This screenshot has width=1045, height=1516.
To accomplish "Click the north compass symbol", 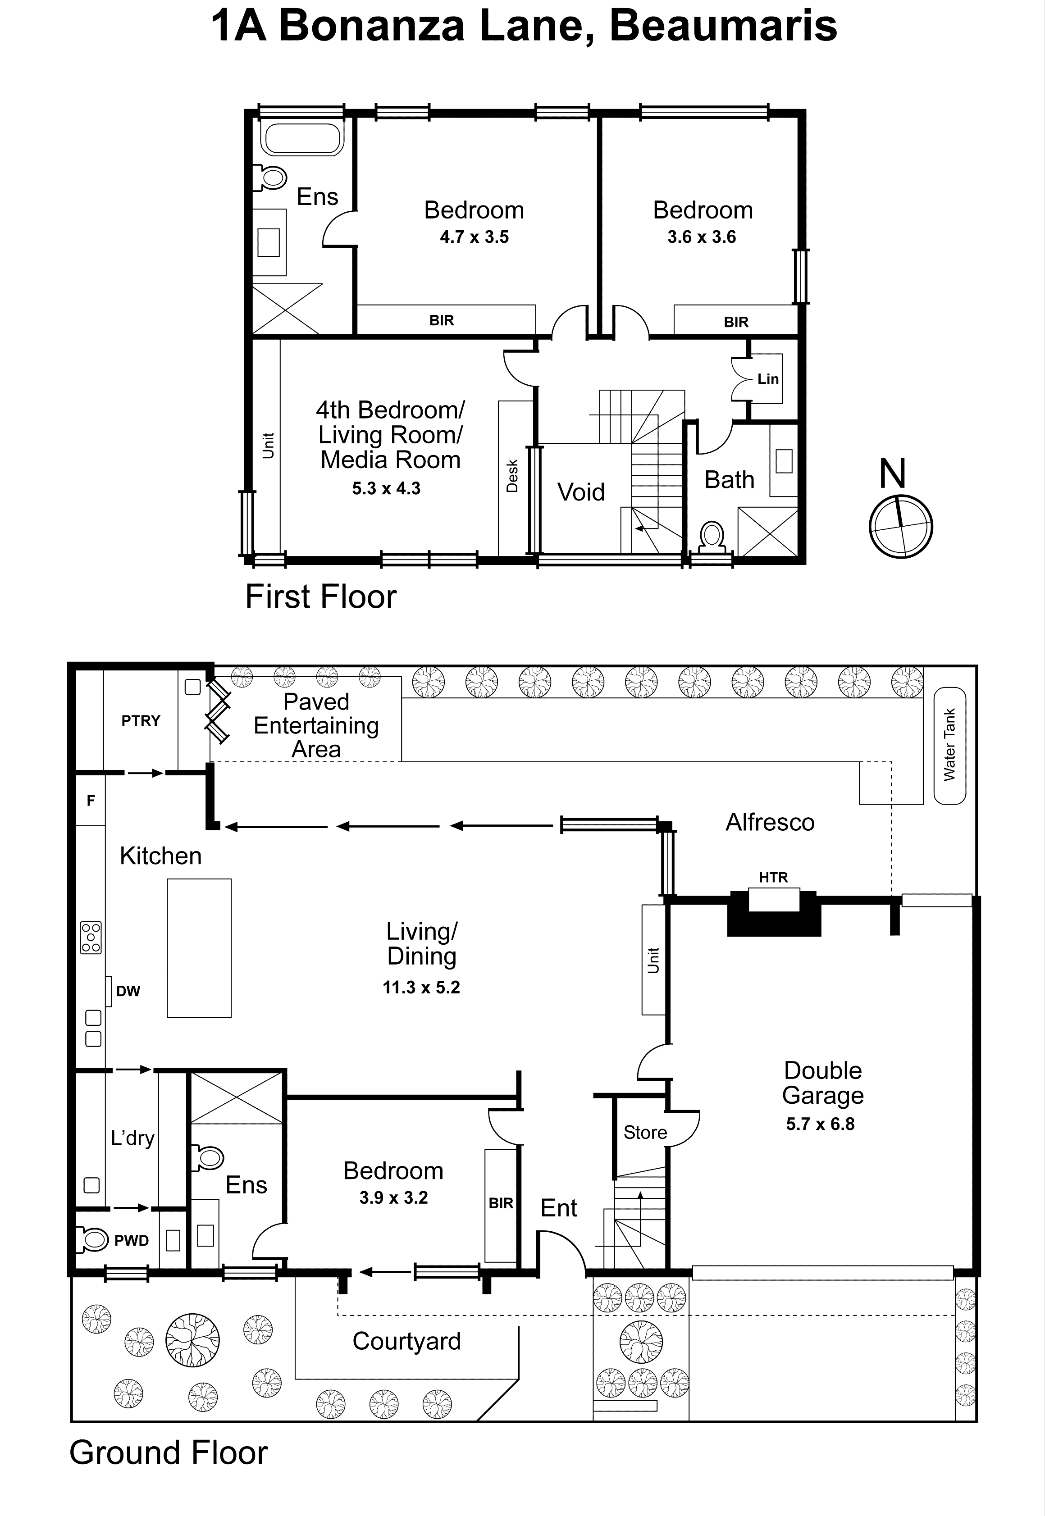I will coord(900,526).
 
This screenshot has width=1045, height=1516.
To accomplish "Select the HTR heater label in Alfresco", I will coord(773,877).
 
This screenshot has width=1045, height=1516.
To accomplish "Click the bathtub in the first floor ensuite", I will coord(302,139).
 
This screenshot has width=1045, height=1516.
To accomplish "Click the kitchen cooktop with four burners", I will coord(91,938).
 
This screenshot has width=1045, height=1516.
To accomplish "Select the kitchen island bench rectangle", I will coord(199,948).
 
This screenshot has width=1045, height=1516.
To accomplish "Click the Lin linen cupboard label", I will coord(767,379).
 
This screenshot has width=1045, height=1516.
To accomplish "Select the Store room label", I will coord(645,1133).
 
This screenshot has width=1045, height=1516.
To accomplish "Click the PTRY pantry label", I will coord(141,721).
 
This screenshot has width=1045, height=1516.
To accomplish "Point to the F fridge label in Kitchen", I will coord(91,800).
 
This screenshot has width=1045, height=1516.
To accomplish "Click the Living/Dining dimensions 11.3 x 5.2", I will coord(421,987).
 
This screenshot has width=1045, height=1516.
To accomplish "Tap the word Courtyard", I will coord(406,1341).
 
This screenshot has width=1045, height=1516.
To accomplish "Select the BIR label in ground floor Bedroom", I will coord(501,1203).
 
